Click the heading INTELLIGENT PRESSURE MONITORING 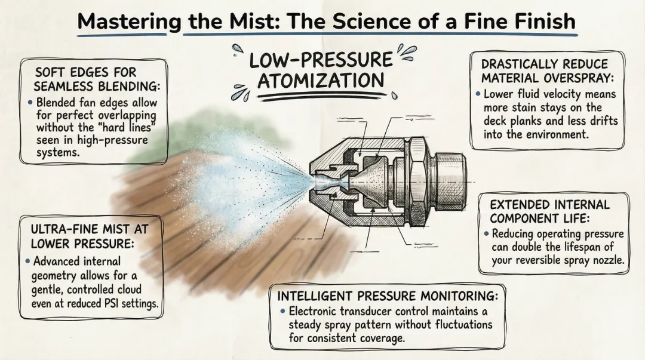pyautogui.click(x=387, y=296)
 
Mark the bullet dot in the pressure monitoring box pyautogui.click(x=282, y=312)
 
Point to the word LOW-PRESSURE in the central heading pyautogui.click(x=321, y=60)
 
